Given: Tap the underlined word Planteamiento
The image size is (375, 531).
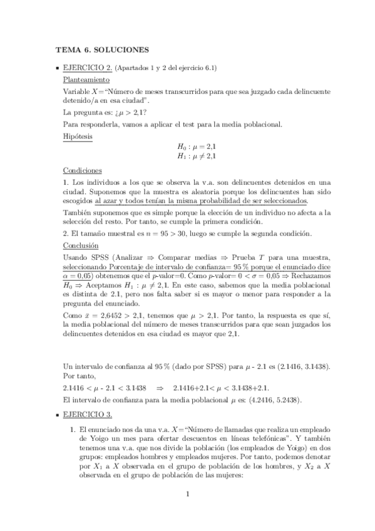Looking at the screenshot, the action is (86, 80).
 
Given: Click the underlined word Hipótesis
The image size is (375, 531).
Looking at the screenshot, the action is (78, 135).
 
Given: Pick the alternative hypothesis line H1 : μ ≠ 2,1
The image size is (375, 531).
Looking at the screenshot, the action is (200, 156).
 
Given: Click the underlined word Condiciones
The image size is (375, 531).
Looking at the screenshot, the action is (83, 170).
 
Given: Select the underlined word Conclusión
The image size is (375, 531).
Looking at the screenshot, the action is (81, 245).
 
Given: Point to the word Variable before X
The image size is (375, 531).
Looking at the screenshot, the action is (77, 91).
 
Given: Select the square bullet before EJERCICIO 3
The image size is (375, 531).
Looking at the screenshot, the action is (57, 415).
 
